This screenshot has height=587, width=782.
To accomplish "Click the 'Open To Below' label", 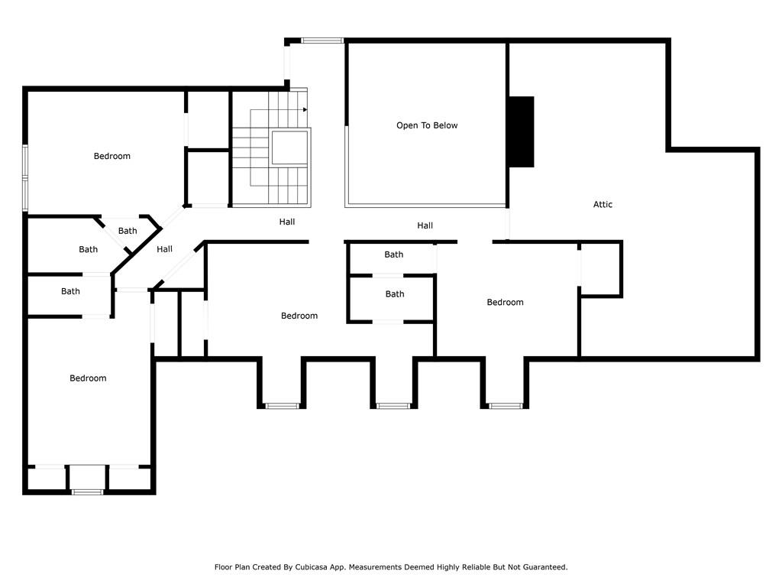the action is (x=427, y=125).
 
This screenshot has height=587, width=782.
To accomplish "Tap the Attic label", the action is (x=603, y=204).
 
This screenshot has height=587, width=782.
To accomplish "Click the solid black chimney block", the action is (x=521, y=131).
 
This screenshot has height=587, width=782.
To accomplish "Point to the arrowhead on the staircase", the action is (x=305, y=109).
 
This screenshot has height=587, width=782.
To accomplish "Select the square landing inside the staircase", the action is (x=289, y=148).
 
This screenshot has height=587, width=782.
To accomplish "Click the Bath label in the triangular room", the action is (x=128, y=231).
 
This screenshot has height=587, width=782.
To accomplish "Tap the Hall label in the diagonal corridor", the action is (x=165, y=249).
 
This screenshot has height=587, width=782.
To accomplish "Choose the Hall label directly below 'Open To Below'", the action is (x=425, y=225).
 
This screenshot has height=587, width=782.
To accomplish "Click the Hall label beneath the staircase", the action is (x=287, y=222).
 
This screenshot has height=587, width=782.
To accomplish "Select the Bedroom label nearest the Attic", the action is (x=506, y=302).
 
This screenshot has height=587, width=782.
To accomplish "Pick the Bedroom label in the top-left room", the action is (x=112, y=156).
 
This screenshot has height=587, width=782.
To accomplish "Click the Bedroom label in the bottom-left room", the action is (x=88, y=378).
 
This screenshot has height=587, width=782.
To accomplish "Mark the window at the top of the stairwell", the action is (x=322, y=41).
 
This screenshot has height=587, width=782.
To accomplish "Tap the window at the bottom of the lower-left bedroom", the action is (x=87, y=492).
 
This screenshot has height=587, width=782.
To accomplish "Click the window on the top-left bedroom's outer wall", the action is (x=25, y=177).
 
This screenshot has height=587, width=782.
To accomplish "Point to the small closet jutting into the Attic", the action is (x=600, y=269).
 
